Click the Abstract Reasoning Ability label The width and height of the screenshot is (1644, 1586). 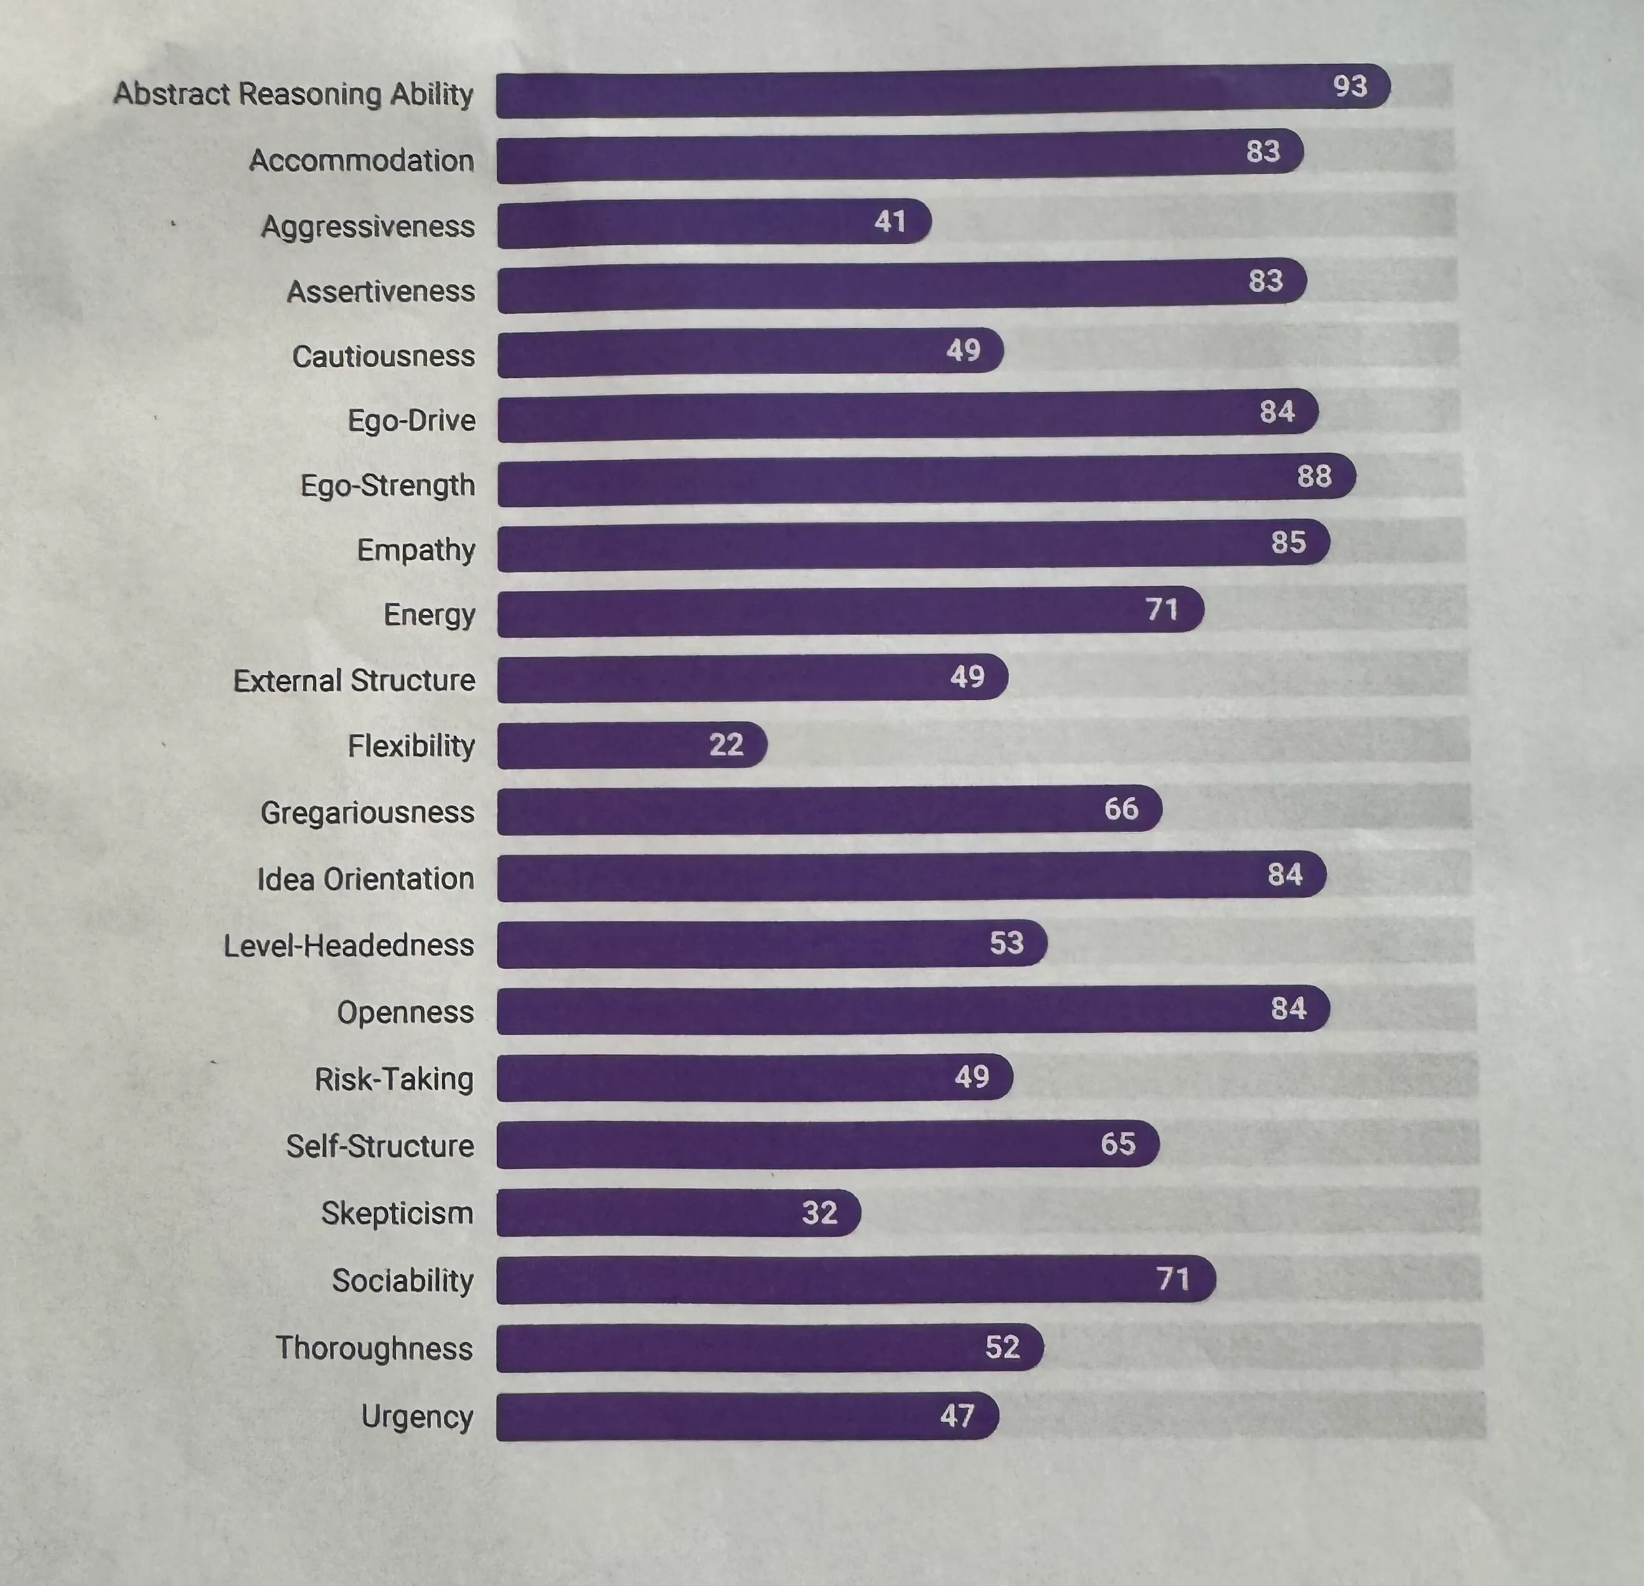point(293,94)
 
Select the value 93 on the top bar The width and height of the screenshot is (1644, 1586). point(1349,86)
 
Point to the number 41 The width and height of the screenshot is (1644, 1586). point(890,222)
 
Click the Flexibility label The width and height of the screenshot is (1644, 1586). point(411,745)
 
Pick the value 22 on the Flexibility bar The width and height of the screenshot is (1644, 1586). point(726,744)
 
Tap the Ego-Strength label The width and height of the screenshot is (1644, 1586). point(387,485)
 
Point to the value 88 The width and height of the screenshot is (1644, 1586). point(1314,476)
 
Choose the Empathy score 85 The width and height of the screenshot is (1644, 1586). point(1288,542)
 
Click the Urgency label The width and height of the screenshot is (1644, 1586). point(417,1416)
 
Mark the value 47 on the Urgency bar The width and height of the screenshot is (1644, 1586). point(956,1416)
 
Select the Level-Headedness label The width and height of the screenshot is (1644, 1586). point(348,946)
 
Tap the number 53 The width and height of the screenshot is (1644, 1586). point(1006,943)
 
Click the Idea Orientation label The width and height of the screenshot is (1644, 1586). point(365,878)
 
